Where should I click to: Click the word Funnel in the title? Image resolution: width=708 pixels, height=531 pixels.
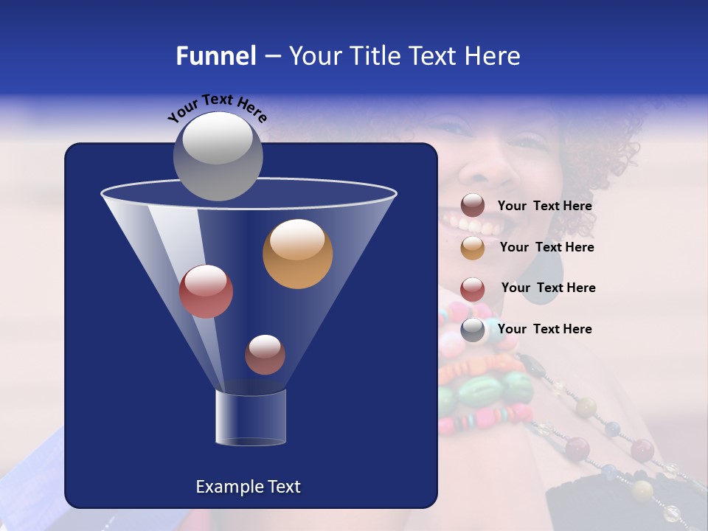[215, 56]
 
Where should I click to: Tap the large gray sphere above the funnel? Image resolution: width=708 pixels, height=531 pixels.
[218, 156]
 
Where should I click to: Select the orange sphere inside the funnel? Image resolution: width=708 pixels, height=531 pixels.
[297, 254]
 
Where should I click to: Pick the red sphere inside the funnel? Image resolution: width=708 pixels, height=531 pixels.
[206, 291]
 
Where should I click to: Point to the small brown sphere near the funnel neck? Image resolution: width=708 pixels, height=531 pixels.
[265, 355]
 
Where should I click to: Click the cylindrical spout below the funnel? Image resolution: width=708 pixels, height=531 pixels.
[250, 417]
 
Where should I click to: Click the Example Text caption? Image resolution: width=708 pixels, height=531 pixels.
[248, 487]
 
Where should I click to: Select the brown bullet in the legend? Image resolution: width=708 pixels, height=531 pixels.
[473, 206]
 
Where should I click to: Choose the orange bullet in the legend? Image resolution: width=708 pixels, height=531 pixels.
[473, 248]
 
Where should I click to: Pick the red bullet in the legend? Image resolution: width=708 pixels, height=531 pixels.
[473, 288]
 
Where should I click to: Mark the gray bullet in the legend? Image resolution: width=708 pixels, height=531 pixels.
[473, 330]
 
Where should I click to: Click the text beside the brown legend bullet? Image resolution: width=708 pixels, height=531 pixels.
[544, 206]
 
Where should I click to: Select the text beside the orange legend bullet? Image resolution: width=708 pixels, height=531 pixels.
[546, 248]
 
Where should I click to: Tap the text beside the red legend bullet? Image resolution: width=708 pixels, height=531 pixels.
[548, 288]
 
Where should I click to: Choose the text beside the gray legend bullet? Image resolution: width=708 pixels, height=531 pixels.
[544, 329]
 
